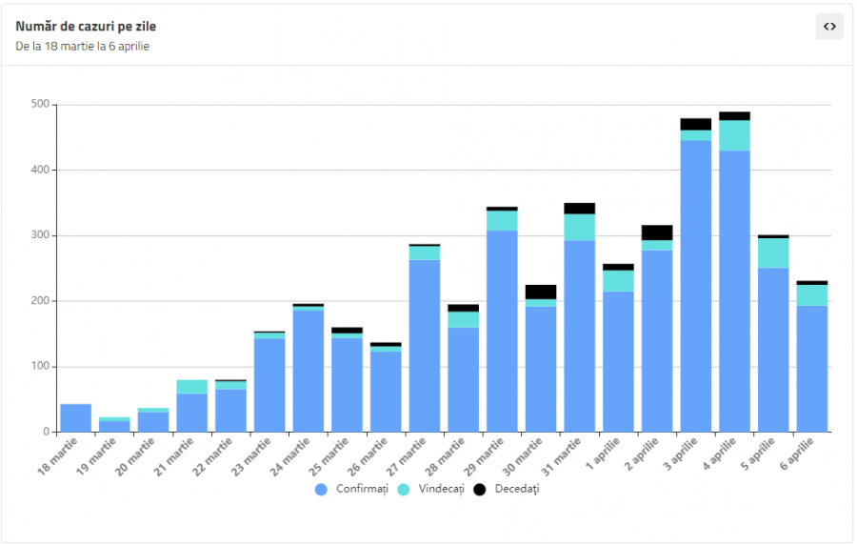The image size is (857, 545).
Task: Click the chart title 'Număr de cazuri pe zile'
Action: click(x=86, y=27)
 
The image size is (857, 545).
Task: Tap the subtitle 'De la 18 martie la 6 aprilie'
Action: click(x=82, y=46)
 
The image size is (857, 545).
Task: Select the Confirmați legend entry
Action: click(x=353, y=489)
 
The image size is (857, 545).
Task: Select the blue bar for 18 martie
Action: click(x=76, y=418)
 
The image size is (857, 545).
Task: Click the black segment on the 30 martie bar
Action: click(x=541, y=292)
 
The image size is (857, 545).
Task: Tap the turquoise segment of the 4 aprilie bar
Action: click(x=735, y=135)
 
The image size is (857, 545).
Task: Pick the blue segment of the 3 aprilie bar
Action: click(x=696, y=286)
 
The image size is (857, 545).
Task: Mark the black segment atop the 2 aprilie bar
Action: click(x=657, y=232)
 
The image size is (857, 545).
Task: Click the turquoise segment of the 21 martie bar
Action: click(x=192, y=387)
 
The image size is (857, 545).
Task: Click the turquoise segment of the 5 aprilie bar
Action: click(x=773, y=252)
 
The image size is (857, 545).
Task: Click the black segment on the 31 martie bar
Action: click(x=580, y=208)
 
